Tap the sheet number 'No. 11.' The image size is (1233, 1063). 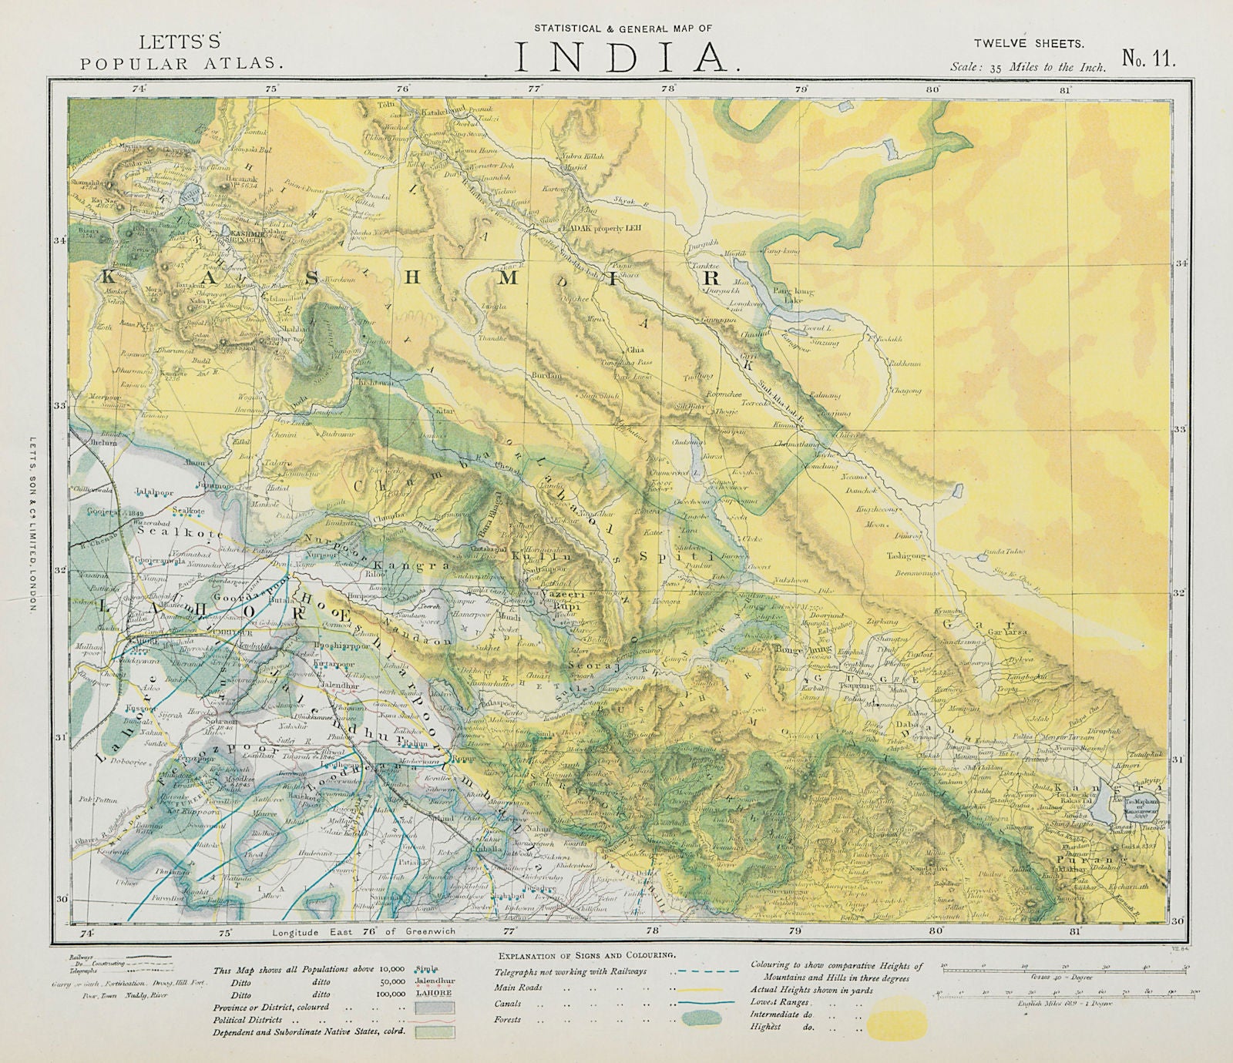pos(1149,61)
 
